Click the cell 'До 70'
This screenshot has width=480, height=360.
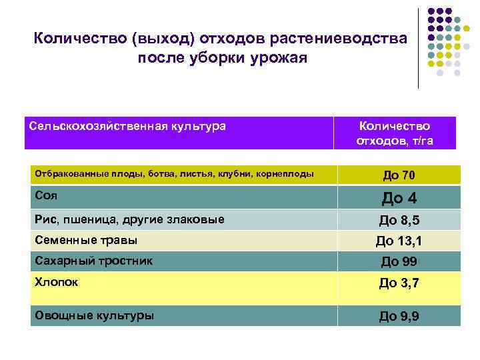[x=399, y=175]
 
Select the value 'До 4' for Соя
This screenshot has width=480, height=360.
[x=399, y=198]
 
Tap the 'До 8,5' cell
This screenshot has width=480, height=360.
[x=399, y=221]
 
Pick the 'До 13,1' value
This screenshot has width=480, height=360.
[x=399, y=241]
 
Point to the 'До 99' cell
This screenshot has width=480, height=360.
[x=399, y=261]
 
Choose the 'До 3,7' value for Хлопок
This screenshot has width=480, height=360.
[x=399, y=283]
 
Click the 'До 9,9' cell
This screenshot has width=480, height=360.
[x=399, y=316]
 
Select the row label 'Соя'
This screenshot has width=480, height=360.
[x=45, y=195]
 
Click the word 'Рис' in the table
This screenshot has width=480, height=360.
[x=45, y=219]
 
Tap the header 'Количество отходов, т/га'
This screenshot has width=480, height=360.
[x=395, y=133]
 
